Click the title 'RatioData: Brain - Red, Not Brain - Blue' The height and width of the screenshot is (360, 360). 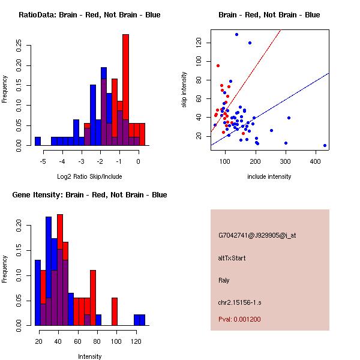coord(89,15)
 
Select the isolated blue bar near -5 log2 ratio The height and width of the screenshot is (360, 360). coord(38,141)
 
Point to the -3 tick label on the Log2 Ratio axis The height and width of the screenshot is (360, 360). coord(81,161)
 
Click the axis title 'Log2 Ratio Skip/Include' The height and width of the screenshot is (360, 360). coord(89,176)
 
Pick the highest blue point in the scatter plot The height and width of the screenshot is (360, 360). coord(237,34)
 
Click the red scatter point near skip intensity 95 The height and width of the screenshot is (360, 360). coord(218,65)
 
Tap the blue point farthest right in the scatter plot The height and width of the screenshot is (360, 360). coord(325,145)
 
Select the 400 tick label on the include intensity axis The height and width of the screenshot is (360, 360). coord(316,161)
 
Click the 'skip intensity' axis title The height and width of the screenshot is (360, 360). coord(184,89)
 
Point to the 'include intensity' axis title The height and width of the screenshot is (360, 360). coord(269,176)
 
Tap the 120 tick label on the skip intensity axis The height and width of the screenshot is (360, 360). coord(199,43)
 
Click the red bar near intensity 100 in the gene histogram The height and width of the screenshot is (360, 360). coord(115,311)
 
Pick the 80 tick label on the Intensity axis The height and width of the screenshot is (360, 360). coord(97,341)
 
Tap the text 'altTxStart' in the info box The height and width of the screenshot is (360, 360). coord(232,258)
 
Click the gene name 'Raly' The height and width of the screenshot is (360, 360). coord(224,280)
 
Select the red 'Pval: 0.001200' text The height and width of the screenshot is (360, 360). coord(239,319)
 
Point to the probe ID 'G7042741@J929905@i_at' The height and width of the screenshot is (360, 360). coord(257,235)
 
